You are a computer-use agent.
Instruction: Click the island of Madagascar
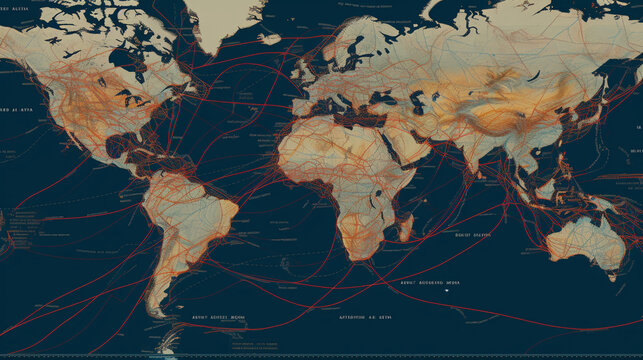point(404,228)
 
